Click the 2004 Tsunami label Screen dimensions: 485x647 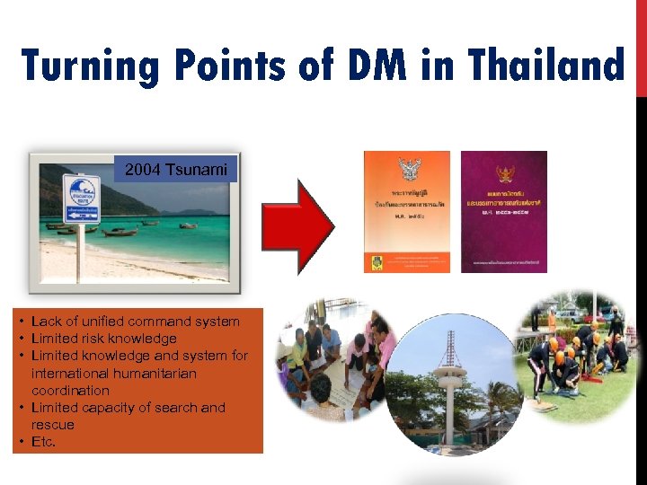click(176, 169)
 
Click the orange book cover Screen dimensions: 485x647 click(406, 211)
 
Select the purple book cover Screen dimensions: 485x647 click(503, 211)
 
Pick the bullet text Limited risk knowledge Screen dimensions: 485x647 click(103, 339)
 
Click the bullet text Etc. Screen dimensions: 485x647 click(43, 442)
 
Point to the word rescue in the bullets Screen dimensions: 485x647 click(53, 425)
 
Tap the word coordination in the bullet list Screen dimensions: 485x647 click(70, 391)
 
